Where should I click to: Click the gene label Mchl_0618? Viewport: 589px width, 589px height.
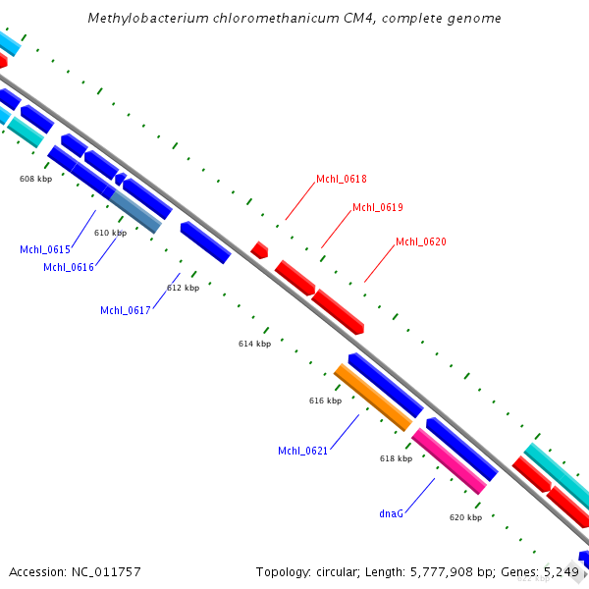[x=342, y=179]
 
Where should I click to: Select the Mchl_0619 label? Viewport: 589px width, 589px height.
[x=378, y=207]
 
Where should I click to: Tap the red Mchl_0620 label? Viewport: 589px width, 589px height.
[x=421, y=241]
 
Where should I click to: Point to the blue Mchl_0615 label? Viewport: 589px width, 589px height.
[x=45, y=249]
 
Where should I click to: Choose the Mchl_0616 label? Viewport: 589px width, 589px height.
[x=69, y=267]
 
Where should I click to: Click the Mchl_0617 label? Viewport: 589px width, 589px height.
[x=126, y=310]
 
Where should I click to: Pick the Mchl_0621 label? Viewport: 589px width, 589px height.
[x=303, y=451]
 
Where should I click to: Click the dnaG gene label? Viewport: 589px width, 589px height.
[x=392, y=512]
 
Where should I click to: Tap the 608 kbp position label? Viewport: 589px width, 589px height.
[x=35, y=179]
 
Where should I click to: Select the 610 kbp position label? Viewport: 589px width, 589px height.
[x=110, y=233]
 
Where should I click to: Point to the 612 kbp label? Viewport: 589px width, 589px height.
[x=183, y=288]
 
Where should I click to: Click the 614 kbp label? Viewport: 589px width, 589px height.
[x=254, y=344]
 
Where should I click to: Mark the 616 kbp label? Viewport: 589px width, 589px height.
[x=325, y=401]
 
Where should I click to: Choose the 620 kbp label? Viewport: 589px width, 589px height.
[x=465, y=517]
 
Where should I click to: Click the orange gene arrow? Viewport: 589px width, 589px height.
[x=373, y=397]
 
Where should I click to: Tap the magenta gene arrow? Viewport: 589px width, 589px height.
[x=449, y=460]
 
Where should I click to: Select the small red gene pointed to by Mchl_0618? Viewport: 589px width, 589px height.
[x=259, y=249]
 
